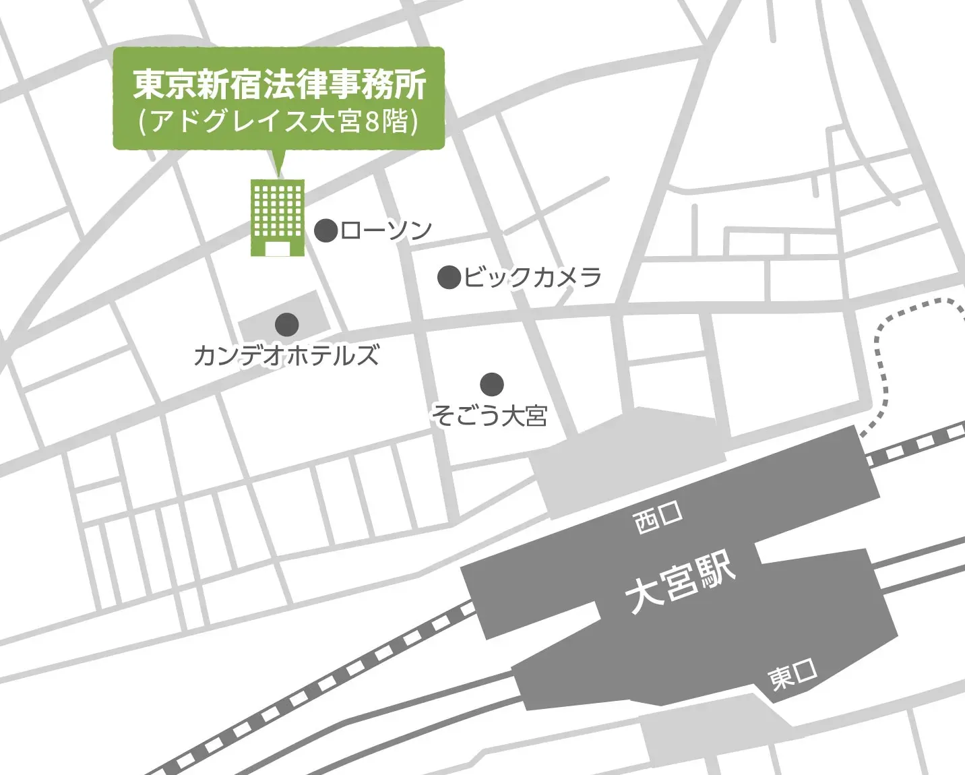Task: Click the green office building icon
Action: pos(278,217)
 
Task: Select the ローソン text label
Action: pos(386,230)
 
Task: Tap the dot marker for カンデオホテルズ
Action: pos(287,324)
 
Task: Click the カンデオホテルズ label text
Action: pos(286,355)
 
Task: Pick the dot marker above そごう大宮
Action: pos(492,384)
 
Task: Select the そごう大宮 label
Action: pos(489,416)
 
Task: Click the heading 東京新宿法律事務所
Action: pos(280,84)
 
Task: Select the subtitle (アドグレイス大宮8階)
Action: pos(279,121)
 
